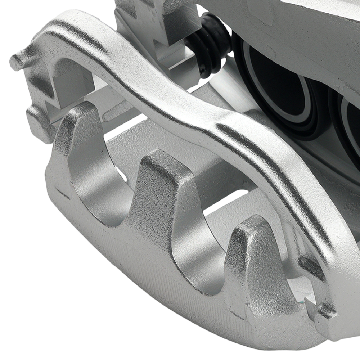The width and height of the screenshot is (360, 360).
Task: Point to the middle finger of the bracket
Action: point(158,173)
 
